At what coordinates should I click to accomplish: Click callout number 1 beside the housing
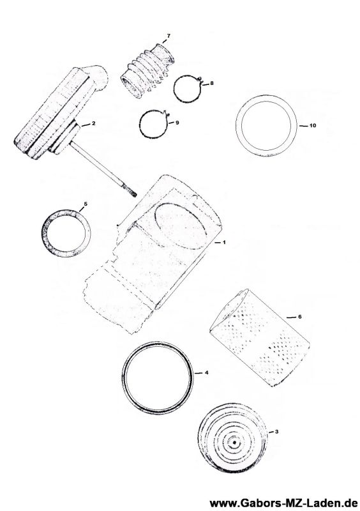click(x=224, y=243)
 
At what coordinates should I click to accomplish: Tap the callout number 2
click(x=93, y=123)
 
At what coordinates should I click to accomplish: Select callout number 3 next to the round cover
click(x=276, y=432)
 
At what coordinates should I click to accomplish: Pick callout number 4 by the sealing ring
click(x=207, y=372)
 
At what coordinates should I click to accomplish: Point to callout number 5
click(x=86, y=204)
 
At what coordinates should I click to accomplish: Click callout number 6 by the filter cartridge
click(x=300, y=317)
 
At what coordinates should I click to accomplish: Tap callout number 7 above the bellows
click(x=168, y=36)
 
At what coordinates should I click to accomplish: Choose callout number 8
click(x=212, y=84)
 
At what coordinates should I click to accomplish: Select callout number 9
click(x=177, y=123)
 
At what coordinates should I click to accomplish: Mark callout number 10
click(x=312, y=125)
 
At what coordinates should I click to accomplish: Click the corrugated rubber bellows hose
click(x=147, y=71)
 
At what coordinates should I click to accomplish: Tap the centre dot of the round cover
click(x=234, y=442)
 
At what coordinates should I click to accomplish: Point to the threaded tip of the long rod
click(x=131, y=191)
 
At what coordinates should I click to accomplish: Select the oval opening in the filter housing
click(x=181, y=227)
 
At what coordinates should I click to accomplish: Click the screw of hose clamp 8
click(x=200, y=79)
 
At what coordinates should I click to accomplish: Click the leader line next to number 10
click(x=303, y=125)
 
